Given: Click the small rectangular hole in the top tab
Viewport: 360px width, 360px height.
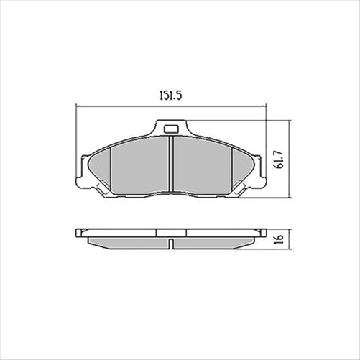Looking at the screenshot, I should tap(172, 130).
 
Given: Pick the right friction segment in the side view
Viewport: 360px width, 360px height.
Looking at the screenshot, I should tap(216, 243).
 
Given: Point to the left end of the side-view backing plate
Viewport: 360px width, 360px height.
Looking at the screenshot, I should tap(78, 233).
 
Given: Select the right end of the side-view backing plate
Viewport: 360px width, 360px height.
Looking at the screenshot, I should tap(264, 233).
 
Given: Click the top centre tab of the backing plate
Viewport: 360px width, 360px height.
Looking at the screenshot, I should tap(172, 125).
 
